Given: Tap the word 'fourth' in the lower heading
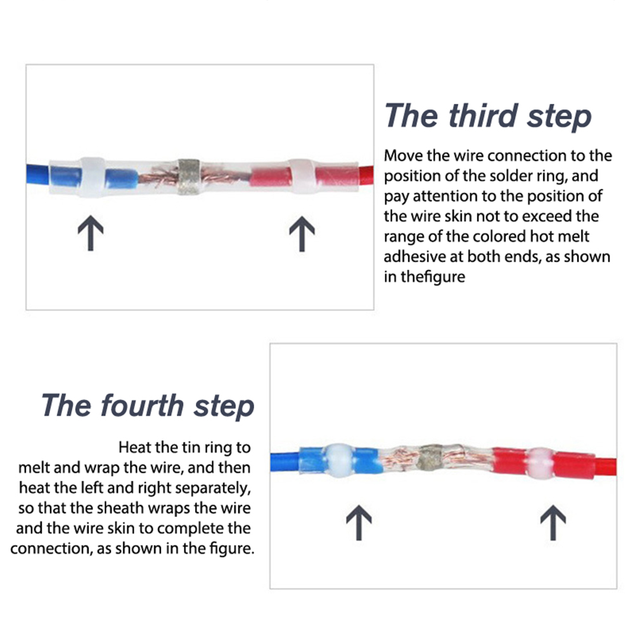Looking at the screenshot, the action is tap(143, 405).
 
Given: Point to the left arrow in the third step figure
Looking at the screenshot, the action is tap(91, 233).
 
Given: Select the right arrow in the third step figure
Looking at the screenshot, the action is tap(302, 234).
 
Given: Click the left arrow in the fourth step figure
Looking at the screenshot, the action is tap(359, 522).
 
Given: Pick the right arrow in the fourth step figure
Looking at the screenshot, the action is tap(553, 522).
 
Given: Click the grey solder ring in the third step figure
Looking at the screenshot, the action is tap(189, 177).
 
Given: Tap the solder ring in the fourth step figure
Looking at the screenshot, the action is tap(431, 461).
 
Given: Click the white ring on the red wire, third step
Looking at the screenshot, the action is tap(303, 176).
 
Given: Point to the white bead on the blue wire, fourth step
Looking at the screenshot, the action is tap(339, 460).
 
